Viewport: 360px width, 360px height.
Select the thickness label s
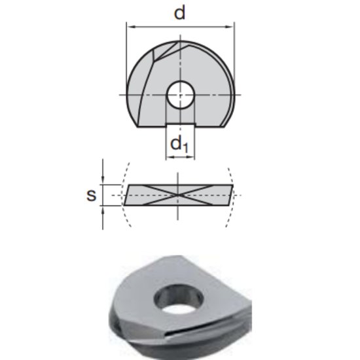click(92, 194)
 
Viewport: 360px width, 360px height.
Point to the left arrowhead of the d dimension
click(129, 27)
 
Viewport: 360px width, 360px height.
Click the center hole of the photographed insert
click(177, 302)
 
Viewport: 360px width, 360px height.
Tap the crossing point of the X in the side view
click(179, 195)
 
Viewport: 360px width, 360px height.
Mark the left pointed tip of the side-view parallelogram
click(124, 205)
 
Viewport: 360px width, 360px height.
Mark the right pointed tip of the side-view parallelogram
click(234, 185)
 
